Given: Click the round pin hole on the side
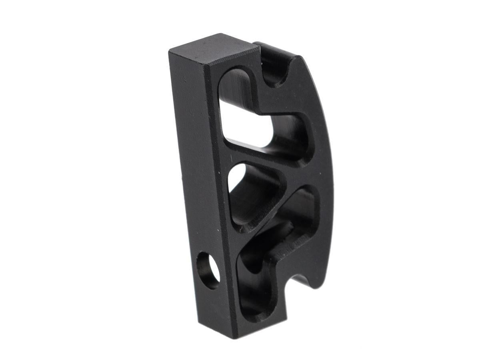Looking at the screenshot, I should (208, 270).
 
